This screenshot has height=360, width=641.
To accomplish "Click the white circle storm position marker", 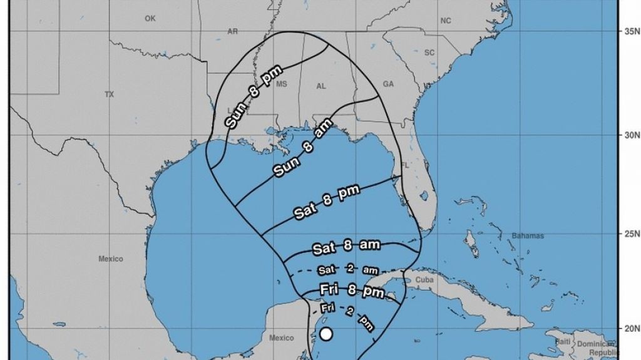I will click(x=326, y=333).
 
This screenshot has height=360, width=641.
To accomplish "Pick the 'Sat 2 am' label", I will click(x=347, y=269).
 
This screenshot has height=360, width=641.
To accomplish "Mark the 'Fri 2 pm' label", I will click(x=347, y=316).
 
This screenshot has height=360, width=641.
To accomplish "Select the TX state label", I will click(x=110, y=94).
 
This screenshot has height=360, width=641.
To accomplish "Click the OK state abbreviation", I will click(x=150, y=19).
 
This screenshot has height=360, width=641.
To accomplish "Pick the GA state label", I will click(x=388, y=84).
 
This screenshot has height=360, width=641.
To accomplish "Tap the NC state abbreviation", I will click(x=446, y=21).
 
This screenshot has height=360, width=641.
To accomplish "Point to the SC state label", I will click(x=429, y=53).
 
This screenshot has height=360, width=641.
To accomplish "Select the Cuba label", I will click(x=424, y=280).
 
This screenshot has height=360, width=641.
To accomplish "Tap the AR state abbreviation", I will click(x=233, y=31).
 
